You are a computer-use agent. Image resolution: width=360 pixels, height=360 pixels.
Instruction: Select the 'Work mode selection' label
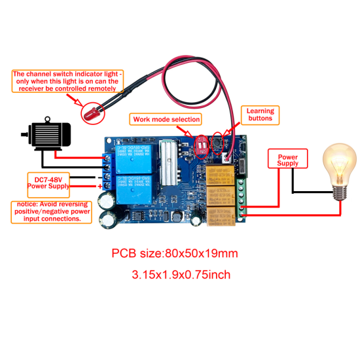(x=166, y=119)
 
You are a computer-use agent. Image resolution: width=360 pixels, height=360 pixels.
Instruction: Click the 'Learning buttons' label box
(x=260, y=116)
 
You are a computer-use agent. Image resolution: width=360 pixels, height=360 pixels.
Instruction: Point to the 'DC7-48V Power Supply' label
(x=46, y=181)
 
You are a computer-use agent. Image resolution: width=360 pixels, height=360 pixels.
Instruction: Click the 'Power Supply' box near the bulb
(x=288, y=160)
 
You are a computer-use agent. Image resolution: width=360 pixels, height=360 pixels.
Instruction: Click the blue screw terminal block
(x=106, y=173)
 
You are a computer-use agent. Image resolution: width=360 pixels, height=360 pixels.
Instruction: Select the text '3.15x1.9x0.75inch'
(x=181, y=275)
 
